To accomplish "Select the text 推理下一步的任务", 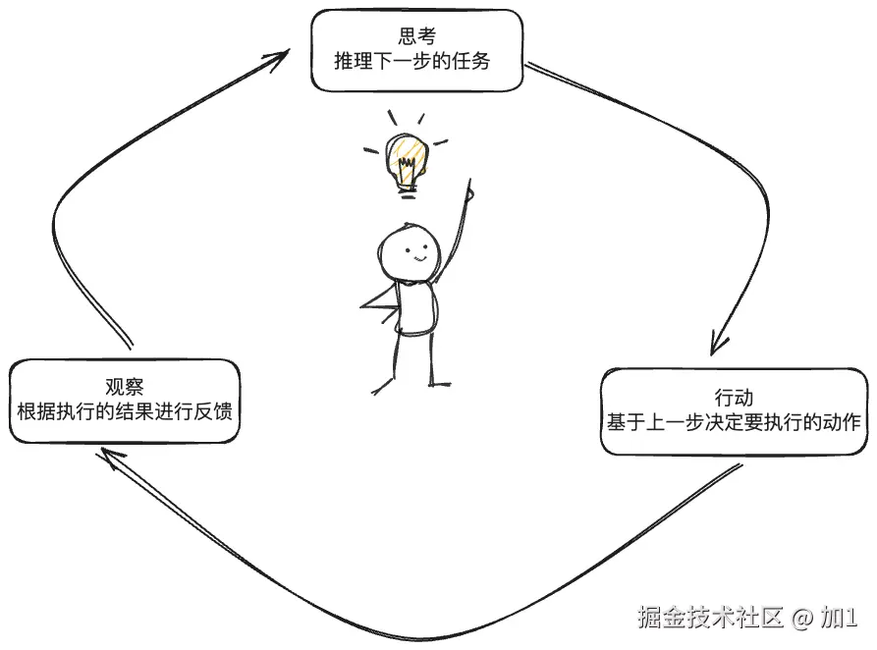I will click(417, 62).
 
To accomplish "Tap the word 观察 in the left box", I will click(125, 387).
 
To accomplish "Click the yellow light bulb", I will click(406, 156).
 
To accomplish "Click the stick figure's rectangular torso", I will click(414, 306).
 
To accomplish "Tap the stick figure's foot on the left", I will click(380, 390).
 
